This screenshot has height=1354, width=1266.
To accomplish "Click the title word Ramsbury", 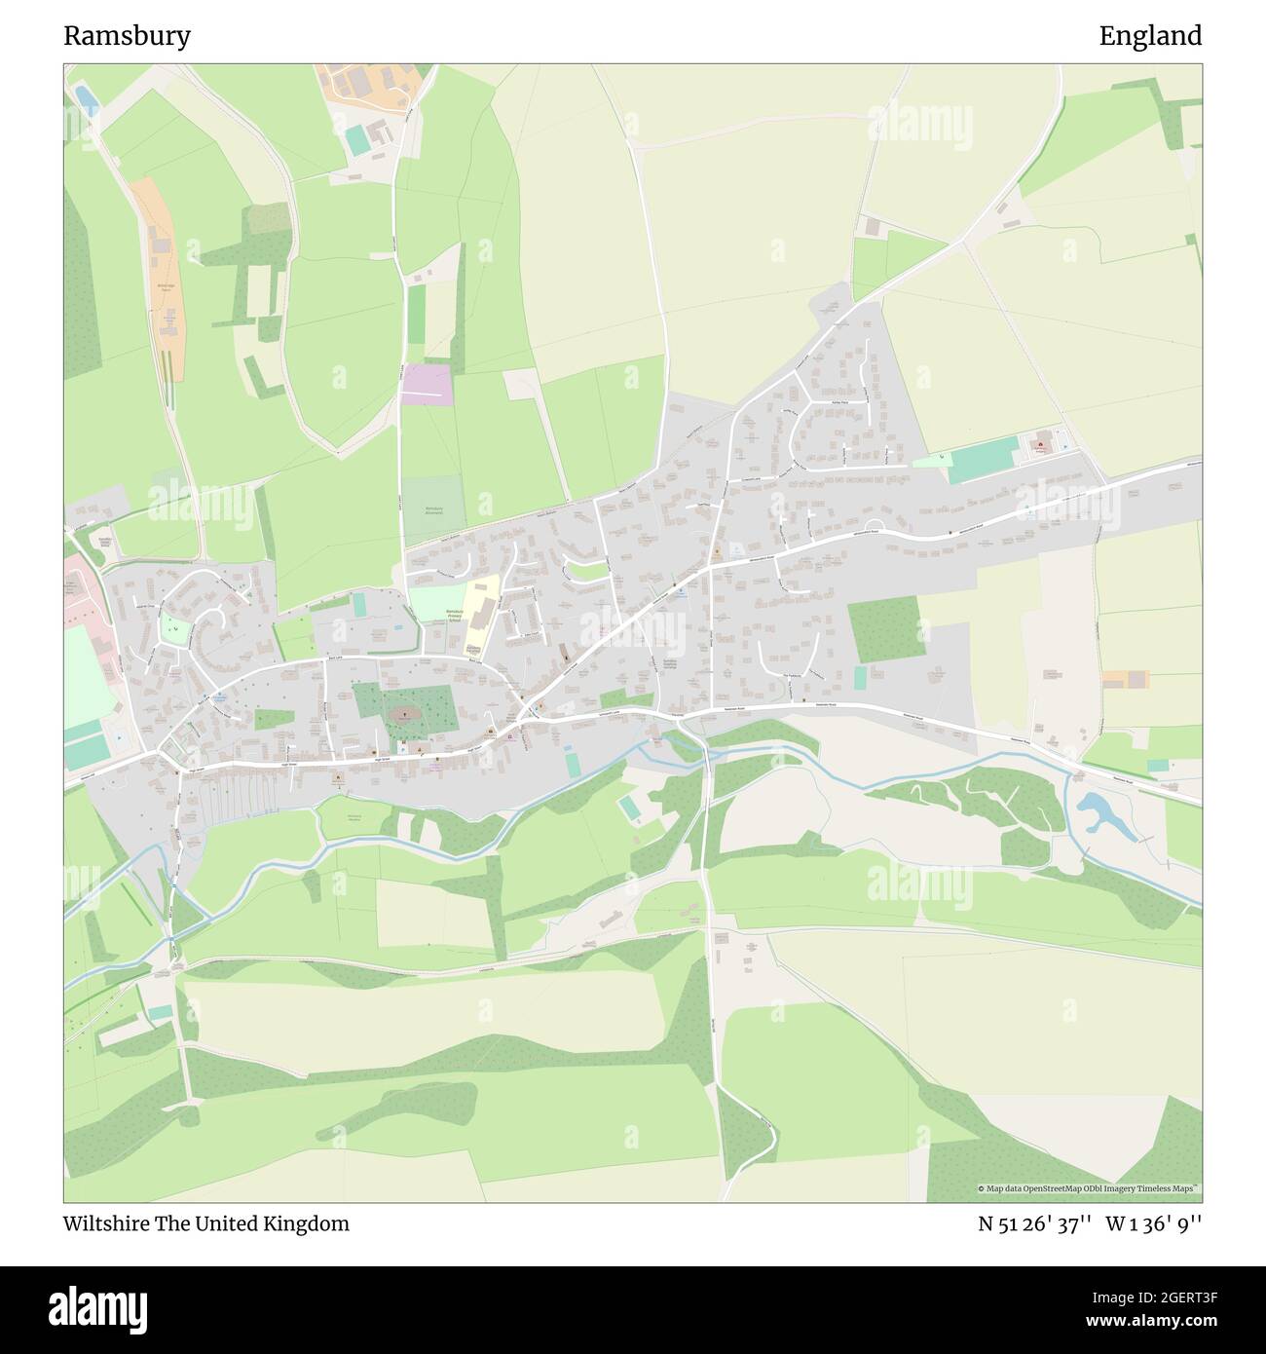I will tap(127, 36).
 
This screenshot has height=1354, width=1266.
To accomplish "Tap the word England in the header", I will tap(1150, 36).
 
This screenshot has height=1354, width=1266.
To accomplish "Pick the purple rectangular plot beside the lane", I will tap(427, 384).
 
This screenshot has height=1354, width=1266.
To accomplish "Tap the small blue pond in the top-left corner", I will tap(85, 97).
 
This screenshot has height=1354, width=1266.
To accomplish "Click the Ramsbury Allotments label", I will tap(433, 510).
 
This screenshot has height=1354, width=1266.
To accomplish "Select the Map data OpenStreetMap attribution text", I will tap(1089, 1188).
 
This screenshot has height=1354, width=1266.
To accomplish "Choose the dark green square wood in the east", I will tap(885, 628).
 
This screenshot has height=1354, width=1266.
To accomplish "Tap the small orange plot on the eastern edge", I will tap(1126, 679).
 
